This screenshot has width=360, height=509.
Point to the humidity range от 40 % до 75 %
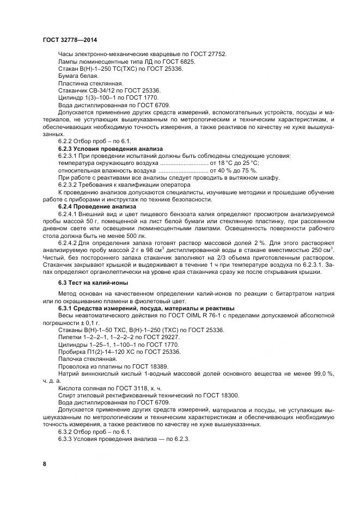tap(232, 170)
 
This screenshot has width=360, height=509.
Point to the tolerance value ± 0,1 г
tap(81, 323)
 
